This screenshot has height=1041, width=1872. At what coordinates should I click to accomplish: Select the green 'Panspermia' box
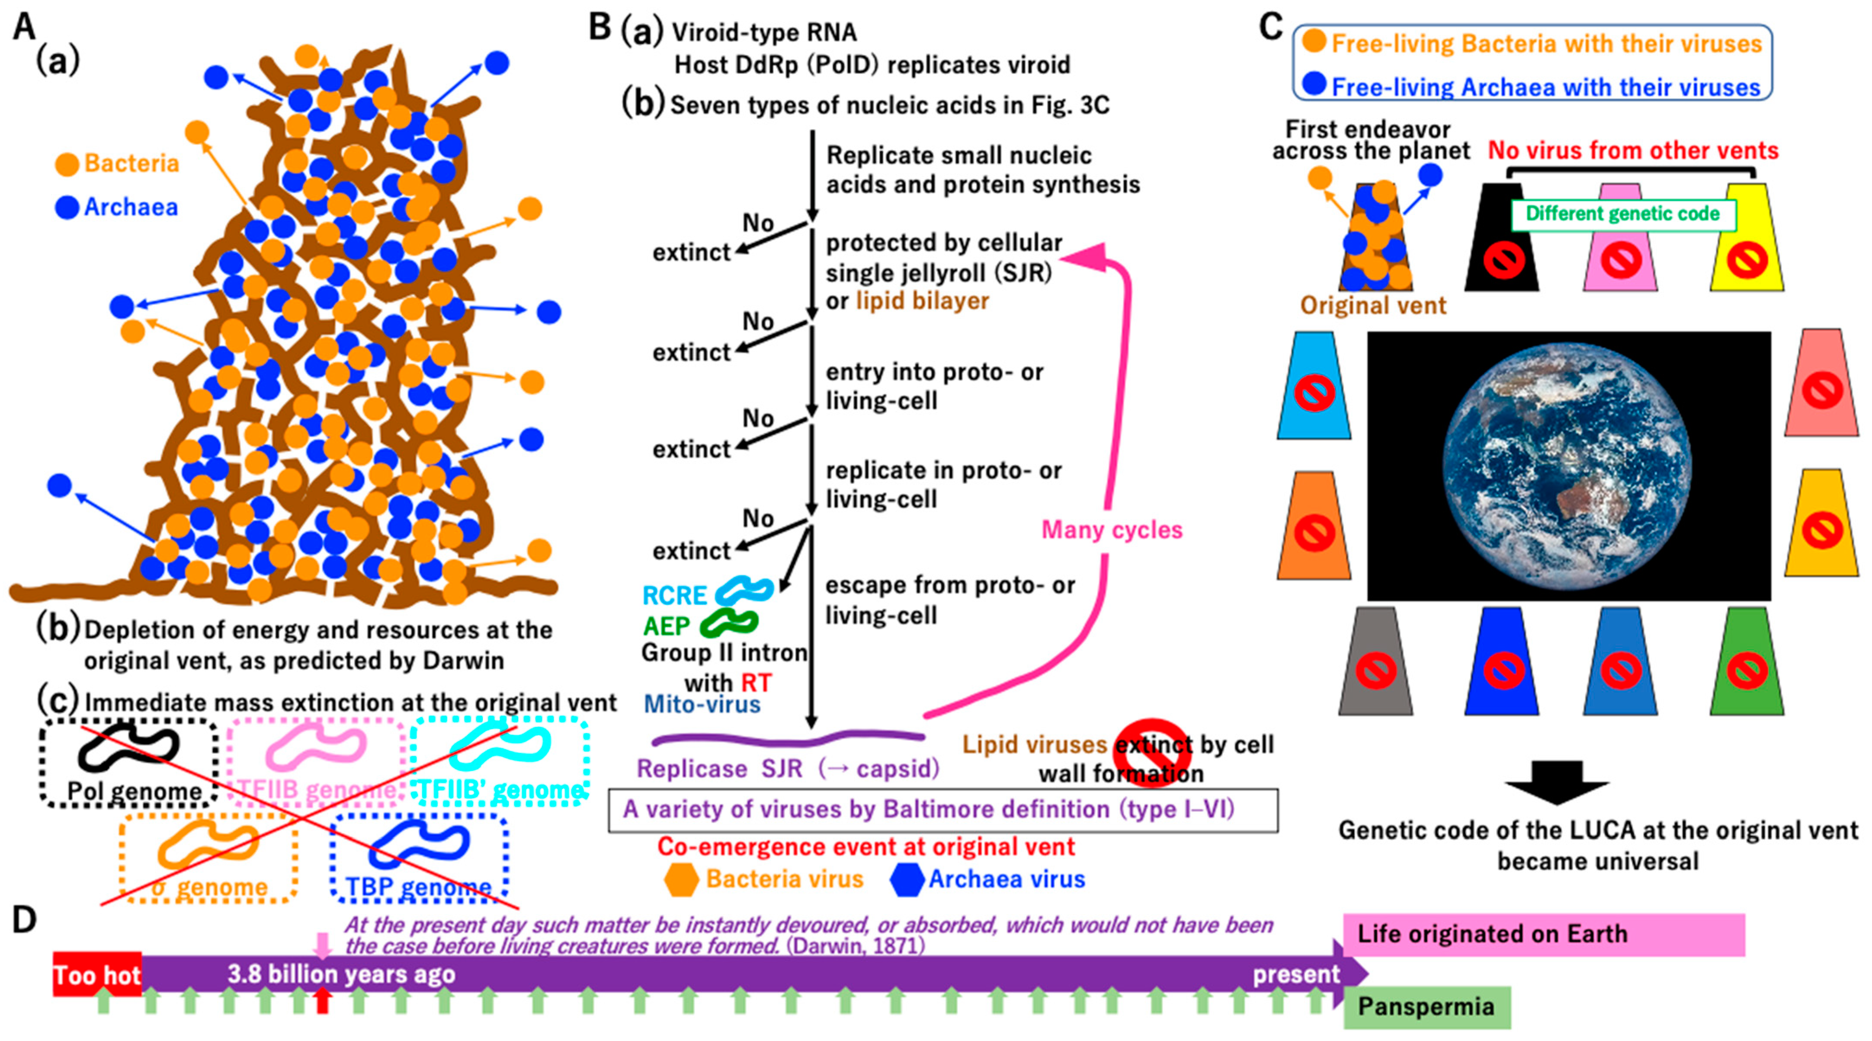tap(1426, 1007)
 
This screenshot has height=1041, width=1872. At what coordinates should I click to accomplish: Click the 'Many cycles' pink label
tap(1112, 530)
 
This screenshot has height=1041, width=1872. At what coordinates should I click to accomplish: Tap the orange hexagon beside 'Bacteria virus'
tap(681, 880)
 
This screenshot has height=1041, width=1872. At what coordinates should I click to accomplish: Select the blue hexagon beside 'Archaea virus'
tap(907, 880)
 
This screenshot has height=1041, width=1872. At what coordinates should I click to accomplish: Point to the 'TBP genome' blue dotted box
tap(419, 857)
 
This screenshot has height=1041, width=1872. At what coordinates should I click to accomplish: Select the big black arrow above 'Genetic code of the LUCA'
tap(1556, 782)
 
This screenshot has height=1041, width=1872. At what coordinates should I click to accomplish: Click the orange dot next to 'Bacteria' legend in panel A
tap(67, 164)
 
